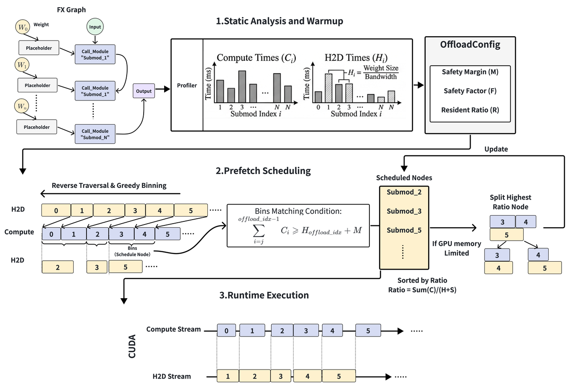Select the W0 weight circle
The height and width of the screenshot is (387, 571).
[22, 27]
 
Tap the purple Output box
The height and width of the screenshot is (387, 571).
[144, 91]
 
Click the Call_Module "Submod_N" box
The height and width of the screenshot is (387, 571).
[95, 133]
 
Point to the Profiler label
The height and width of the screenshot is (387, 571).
[187, 85]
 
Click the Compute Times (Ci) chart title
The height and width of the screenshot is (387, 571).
[256, 58]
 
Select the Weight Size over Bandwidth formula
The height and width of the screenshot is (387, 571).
[381, 72]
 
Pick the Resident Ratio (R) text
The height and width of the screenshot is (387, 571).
[470, 110]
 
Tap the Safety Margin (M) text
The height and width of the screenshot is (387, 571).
[470, 71]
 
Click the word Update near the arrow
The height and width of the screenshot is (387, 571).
[496, 149]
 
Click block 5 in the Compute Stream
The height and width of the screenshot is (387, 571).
[368, 331]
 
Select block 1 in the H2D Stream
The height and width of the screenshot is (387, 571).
[228, 376]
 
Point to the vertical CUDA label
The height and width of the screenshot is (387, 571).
[132, 350]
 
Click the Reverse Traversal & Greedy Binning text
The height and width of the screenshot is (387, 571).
[109, 185]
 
